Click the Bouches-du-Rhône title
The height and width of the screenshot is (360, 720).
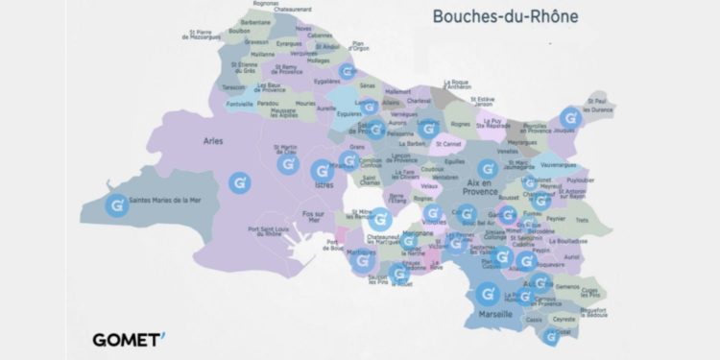[x=506, y=16]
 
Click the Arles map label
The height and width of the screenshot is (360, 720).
[x=213, y=141]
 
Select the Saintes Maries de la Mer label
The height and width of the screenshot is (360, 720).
[x=171, y=201]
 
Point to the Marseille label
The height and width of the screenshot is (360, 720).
[x=498, y=314]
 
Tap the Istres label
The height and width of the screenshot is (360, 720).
[x=312, y=179]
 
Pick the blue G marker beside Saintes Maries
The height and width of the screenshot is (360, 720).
[x=116, y=205]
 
